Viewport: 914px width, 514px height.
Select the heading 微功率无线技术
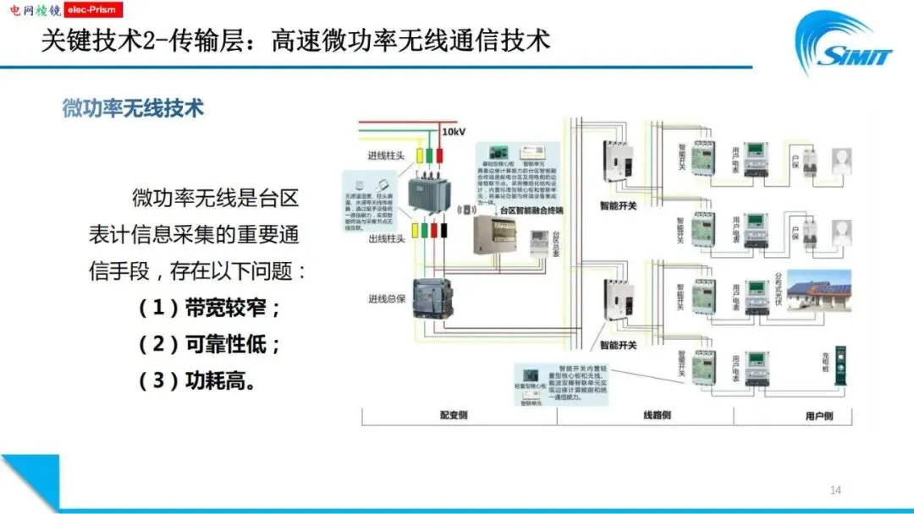(x=133, y=109)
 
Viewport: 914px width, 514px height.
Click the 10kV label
(x=454, y=133)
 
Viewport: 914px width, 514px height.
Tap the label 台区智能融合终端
(x=531, y=210)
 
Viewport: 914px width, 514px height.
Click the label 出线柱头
(x=385, y=239)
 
